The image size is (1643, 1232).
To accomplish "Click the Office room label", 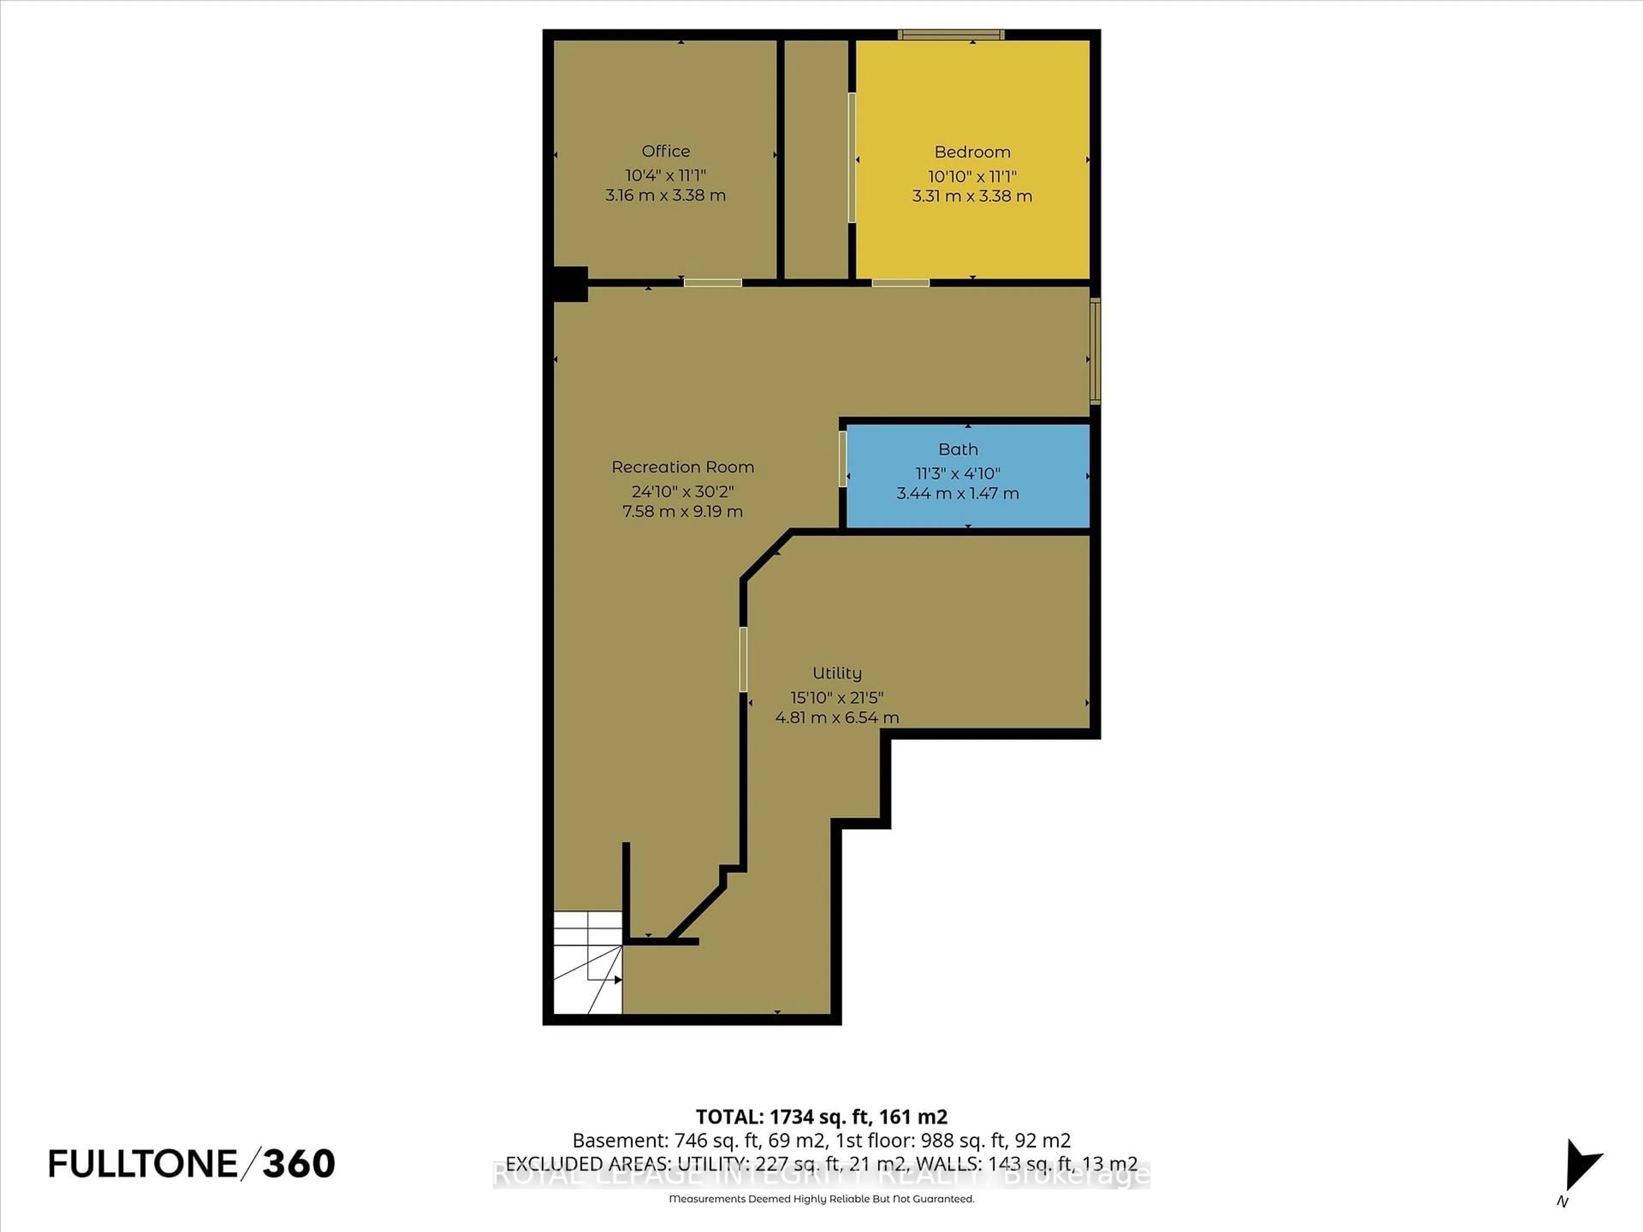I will (665, 151).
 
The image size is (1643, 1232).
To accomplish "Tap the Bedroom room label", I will (972, 152).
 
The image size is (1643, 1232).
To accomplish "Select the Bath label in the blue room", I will (958, 449).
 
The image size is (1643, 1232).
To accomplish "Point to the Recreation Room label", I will (682, 467).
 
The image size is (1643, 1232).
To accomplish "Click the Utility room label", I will (836, 673).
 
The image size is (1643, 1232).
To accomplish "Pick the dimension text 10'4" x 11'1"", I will (665, 176).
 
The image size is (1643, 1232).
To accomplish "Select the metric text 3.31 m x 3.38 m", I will (972, 196).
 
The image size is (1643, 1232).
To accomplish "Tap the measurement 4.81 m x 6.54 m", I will (836, 717).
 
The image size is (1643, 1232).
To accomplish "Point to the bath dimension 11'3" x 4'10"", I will (958, 473).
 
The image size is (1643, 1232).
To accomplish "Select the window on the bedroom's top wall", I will (951, 34).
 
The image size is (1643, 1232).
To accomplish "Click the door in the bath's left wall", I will (842, 459).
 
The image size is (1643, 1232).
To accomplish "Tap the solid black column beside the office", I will (570, 284).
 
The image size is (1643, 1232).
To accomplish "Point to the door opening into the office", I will (712, 283).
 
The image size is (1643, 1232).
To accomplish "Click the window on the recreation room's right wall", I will (1095, 350).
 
